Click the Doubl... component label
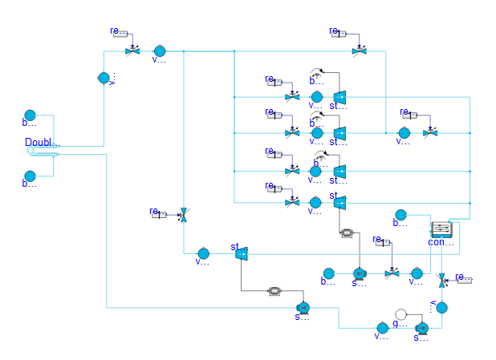[x=42, y=144]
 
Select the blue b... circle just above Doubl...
[x=30, y=115]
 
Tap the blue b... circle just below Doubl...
[x=30, y=176]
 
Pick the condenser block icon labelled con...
[x=441, y=230]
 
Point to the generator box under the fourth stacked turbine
[x=348, y=233]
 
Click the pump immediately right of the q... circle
[x=422, y=327]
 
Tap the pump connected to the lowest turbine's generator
[x=303, y=307]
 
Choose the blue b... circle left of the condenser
[x=400, y=214]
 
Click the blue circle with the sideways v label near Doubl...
[x=104, y=78]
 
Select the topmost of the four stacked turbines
[x=339, y=97]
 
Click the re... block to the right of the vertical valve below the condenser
[x=464, y=278]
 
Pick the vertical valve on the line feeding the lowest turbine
[x=184, y=214]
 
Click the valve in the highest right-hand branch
[x=358, y=51]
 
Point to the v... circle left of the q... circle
[x=382, y=327]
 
